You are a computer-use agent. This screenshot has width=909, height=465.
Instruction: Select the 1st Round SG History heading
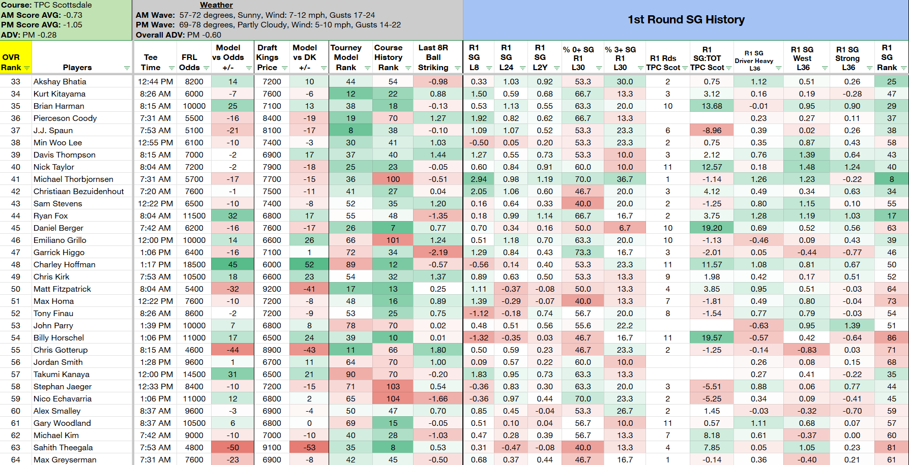click(x=686, y=20)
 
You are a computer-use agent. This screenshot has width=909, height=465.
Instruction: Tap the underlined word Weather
click(x=216, y=5)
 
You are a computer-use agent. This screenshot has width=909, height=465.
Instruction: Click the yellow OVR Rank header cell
click(x=16, y=57)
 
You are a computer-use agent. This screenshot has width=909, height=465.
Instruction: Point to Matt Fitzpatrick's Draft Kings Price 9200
click(x=272, y=289)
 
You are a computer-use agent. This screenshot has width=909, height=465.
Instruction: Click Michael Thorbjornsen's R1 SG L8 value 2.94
click(x=478, y=179)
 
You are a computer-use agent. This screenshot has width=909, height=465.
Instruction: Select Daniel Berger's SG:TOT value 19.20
click(x=712, y=228)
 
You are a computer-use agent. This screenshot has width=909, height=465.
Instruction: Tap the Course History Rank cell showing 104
click(x=393, y=399)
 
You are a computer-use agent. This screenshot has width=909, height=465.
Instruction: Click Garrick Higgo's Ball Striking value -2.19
click(x=437, y=253)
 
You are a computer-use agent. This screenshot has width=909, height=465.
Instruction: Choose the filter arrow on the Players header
click(x=127, y=68)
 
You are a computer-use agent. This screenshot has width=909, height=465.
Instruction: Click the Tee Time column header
click(x=151, y=63)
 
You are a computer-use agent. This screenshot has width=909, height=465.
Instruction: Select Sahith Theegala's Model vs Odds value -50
click(x=233, y=448)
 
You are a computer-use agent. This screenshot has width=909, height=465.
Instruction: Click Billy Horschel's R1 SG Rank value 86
click(x=892, y=338)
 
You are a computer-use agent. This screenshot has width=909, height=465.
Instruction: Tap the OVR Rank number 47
click(x=16, y=253)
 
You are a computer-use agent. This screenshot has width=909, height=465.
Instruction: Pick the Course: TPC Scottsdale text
click(x=47, y=5)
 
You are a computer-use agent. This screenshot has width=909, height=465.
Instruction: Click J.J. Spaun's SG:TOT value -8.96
click(x=712, y=131)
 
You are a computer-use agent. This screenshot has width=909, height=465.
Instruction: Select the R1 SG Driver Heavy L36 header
click(x=754, y=60)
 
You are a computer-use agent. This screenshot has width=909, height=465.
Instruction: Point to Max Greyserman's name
click(x=65, y=460)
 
